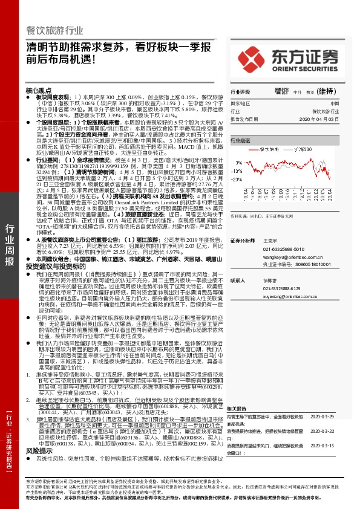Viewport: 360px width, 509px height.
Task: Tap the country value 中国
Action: (335, 104)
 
